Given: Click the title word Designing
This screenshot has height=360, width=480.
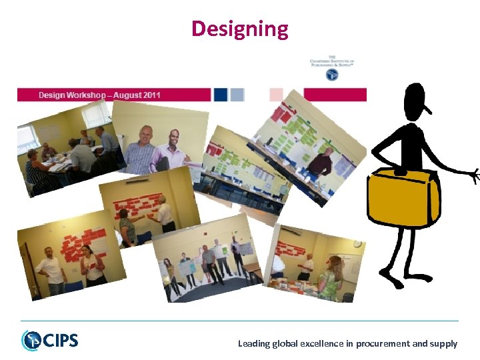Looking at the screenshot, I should click(240, 29).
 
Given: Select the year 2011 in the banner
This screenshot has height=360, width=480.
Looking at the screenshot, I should click(149, 95).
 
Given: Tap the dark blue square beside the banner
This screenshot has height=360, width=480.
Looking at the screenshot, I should click(221, 95).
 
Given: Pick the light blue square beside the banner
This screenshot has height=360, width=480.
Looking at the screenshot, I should click(237, 95).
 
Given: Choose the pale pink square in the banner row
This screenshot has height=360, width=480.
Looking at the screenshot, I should click(276, 95).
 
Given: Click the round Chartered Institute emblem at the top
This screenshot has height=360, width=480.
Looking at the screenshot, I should click(331, 75).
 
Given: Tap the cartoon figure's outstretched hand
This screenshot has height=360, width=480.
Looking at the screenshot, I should click(474, 176).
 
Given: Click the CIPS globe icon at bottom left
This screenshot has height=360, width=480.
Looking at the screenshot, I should click(31, 341).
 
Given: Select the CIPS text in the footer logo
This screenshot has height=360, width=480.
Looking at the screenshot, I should click(61, 341).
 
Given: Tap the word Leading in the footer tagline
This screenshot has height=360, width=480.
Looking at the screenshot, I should click(254, 344).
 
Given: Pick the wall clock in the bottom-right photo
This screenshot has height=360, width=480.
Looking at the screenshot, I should click(357, 244).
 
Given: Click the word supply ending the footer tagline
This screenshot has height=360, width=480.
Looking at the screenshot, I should click(444, 344).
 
